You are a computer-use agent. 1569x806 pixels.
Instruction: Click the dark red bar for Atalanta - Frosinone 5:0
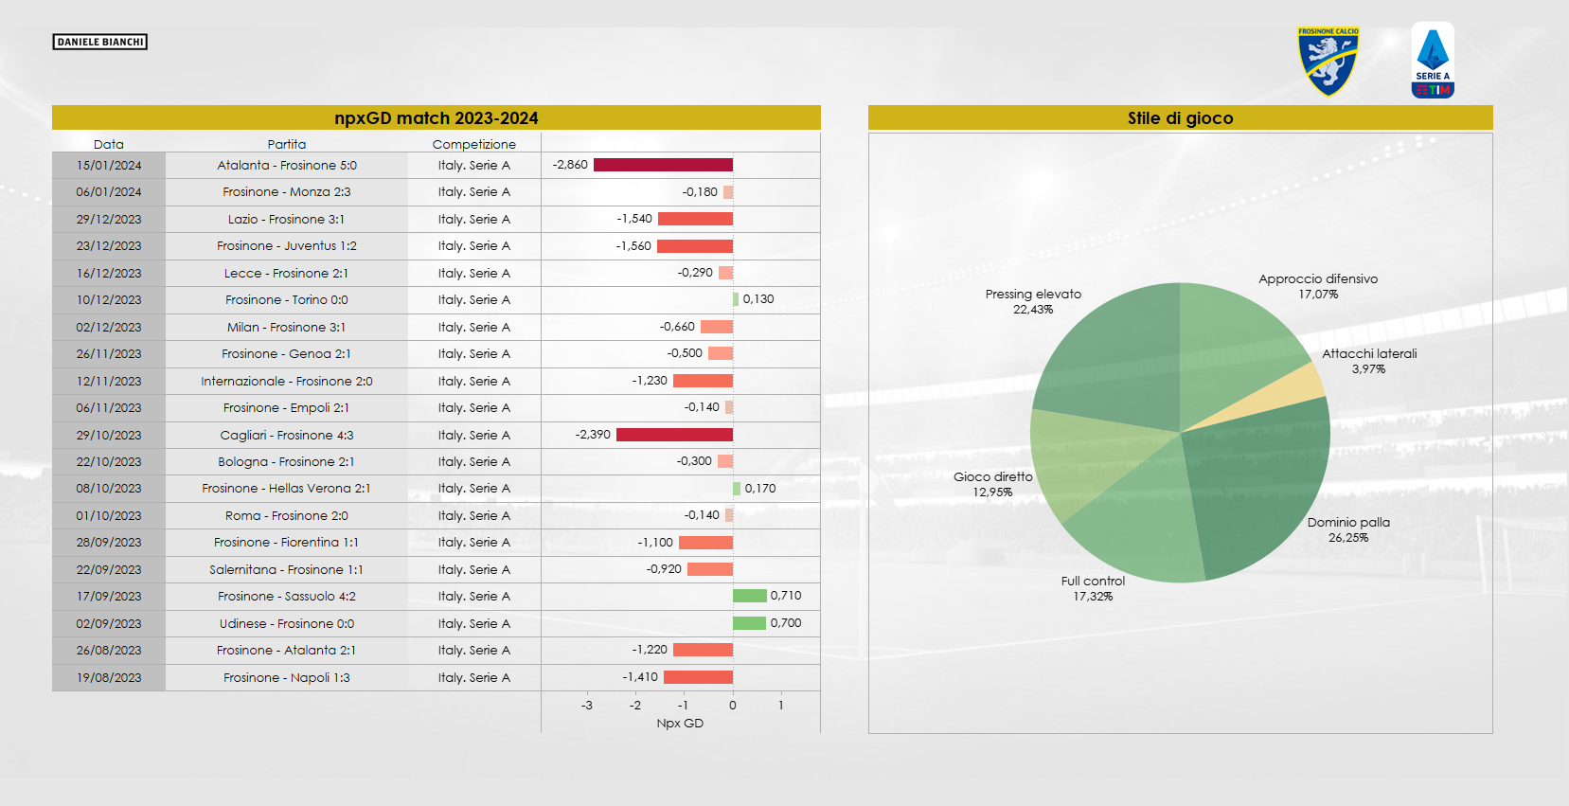pos(663,165)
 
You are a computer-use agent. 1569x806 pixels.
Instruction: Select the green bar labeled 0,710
pos(749,596)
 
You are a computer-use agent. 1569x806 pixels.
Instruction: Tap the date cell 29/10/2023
pos(109,435)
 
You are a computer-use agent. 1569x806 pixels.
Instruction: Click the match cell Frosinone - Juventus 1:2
pos(286,246)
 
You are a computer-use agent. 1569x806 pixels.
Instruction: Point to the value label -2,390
pos(593,435)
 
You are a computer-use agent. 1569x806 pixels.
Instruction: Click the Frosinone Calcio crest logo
pos(1328,62)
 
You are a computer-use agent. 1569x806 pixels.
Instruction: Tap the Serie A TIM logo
pos(1432,61)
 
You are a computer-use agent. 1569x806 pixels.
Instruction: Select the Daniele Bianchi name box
pos(99,42)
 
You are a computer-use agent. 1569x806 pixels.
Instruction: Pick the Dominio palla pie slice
pos(1259,483)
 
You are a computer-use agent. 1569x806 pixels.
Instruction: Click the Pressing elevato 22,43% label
pos(1033,301)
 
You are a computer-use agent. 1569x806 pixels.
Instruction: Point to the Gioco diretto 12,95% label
pos(992,484)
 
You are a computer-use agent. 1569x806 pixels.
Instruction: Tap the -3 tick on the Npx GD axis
pos(587,706)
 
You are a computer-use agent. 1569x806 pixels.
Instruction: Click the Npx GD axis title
pos(680,724)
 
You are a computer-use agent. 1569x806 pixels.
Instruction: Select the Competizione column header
pos(473,144)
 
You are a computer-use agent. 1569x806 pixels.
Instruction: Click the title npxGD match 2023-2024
pos(436,118)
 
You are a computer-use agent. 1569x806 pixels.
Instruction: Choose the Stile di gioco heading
pos(1180,118)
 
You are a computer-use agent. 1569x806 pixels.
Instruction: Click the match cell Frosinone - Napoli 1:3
pos(286,678)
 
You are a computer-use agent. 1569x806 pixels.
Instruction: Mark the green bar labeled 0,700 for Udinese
pos(749,623)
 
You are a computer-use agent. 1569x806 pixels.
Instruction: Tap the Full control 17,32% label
pos(1093,588)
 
